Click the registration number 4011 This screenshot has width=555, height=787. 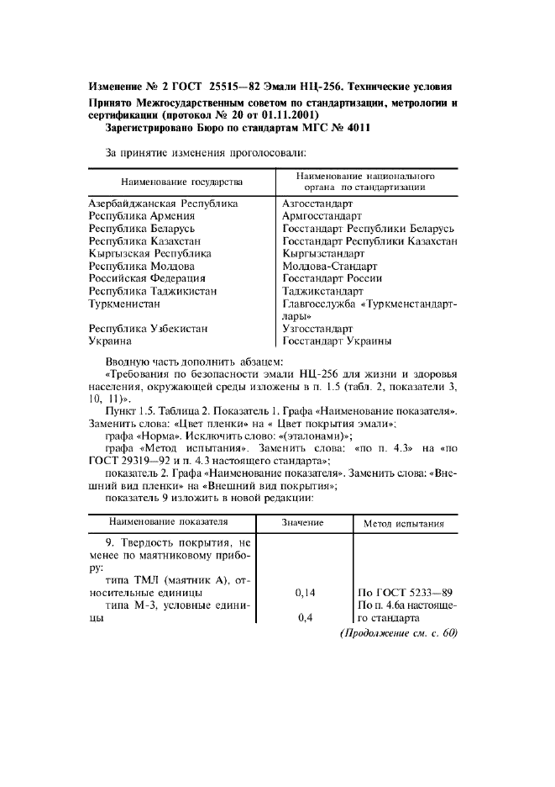[x=358, y=129]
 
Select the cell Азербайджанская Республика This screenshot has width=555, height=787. [x=163, y=203]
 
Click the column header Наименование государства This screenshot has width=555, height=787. [x=181, y=182]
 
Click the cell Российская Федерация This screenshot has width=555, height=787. [x=147, y=278]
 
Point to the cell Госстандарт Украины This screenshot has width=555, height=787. [x=337, y=341]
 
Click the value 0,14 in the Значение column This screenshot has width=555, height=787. [x=305, y=593]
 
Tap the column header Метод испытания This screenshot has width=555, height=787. [x=403, y=523]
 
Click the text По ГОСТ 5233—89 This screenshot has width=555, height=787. [x=406, y=593]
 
